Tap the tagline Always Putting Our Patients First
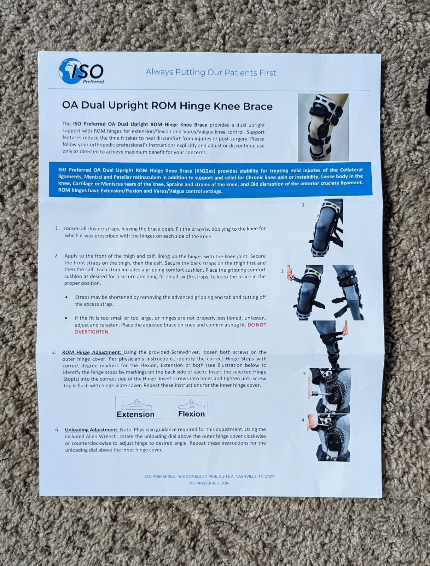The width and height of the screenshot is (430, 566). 211,73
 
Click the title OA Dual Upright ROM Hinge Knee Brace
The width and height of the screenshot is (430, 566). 167,106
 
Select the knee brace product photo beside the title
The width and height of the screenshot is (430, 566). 323,127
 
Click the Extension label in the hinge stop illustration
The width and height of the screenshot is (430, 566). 135,414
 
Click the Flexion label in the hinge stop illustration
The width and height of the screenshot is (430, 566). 191,414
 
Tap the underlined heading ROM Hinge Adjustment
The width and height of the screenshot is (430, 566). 92,352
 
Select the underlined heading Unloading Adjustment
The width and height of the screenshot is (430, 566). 92,429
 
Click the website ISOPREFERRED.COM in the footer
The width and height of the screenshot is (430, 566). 209,483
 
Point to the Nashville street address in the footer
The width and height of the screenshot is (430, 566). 209,477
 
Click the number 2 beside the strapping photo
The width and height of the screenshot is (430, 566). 282,271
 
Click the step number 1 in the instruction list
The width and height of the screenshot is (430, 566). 57,228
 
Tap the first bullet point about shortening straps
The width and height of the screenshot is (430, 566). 66,298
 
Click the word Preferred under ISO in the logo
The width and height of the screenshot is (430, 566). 93,82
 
